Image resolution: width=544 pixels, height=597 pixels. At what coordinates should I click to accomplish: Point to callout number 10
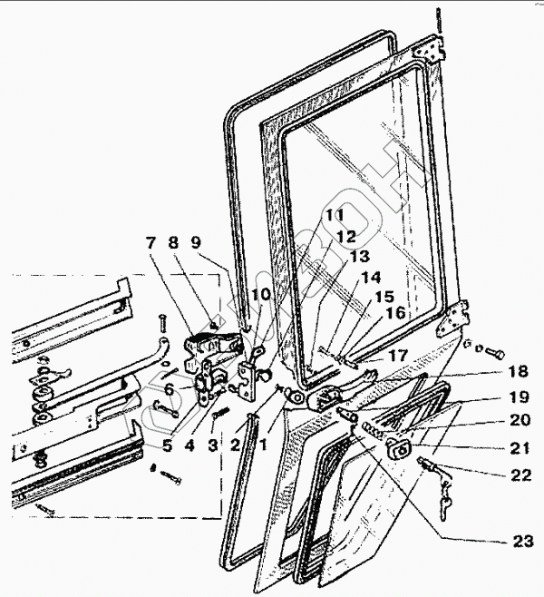pos(260,295)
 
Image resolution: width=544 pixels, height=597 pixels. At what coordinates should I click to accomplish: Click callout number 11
pos(335,215)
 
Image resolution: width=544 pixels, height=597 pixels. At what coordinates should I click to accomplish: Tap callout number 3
pos(212,445)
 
